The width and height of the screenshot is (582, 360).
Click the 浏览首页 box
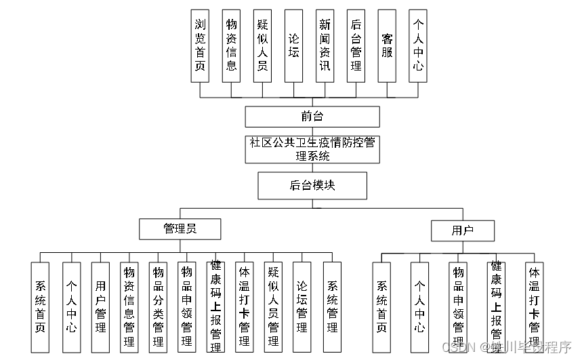click(199, 45)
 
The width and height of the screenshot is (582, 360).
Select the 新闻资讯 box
click(325, 45)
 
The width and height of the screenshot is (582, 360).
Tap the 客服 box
click(387, 45)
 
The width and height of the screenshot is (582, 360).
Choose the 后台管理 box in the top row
click(356, 45)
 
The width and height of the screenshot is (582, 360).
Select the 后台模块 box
click(312, 185)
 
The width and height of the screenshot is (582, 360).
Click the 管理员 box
click(180, 229)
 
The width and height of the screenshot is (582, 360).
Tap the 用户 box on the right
click(463, 231)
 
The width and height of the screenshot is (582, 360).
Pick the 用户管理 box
click(100, 307)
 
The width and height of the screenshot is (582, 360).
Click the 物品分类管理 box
click(158, 307)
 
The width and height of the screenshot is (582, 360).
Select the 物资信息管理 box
click(129, 307)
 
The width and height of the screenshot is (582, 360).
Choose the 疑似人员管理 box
click(273, 307)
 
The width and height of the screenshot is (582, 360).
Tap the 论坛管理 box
click(302, 307)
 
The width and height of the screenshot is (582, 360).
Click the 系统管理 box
click(332, 307)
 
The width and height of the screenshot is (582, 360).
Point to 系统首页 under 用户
click(381, 307)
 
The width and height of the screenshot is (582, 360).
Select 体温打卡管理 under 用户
click(534, 307)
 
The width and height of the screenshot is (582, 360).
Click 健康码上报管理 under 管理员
click(215, 307)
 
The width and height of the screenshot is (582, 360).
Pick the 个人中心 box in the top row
click(418, 45)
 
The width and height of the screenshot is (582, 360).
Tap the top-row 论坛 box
click(293, 45)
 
